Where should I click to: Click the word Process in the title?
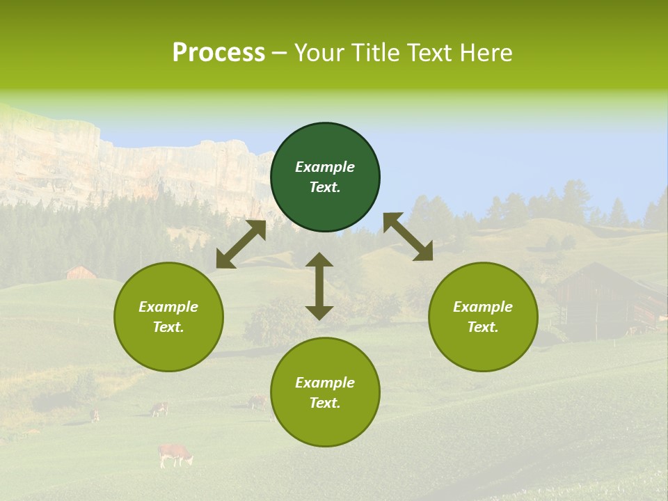[218, 53]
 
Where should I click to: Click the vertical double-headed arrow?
[319, 286]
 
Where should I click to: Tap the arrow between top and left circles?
[241, 244]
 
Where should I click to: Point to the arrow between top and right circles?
[408, 237]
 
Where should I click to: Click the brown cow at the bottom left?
[175, 454]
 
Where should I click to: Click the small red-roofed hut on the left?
[81, 272]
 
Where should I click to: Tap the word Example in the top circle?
[325, 167]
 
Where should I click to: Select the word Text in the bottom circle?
[324, 403]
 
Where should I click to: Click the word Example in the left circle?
[168, 307]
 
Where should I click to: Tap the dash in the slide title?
[279, 53]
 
